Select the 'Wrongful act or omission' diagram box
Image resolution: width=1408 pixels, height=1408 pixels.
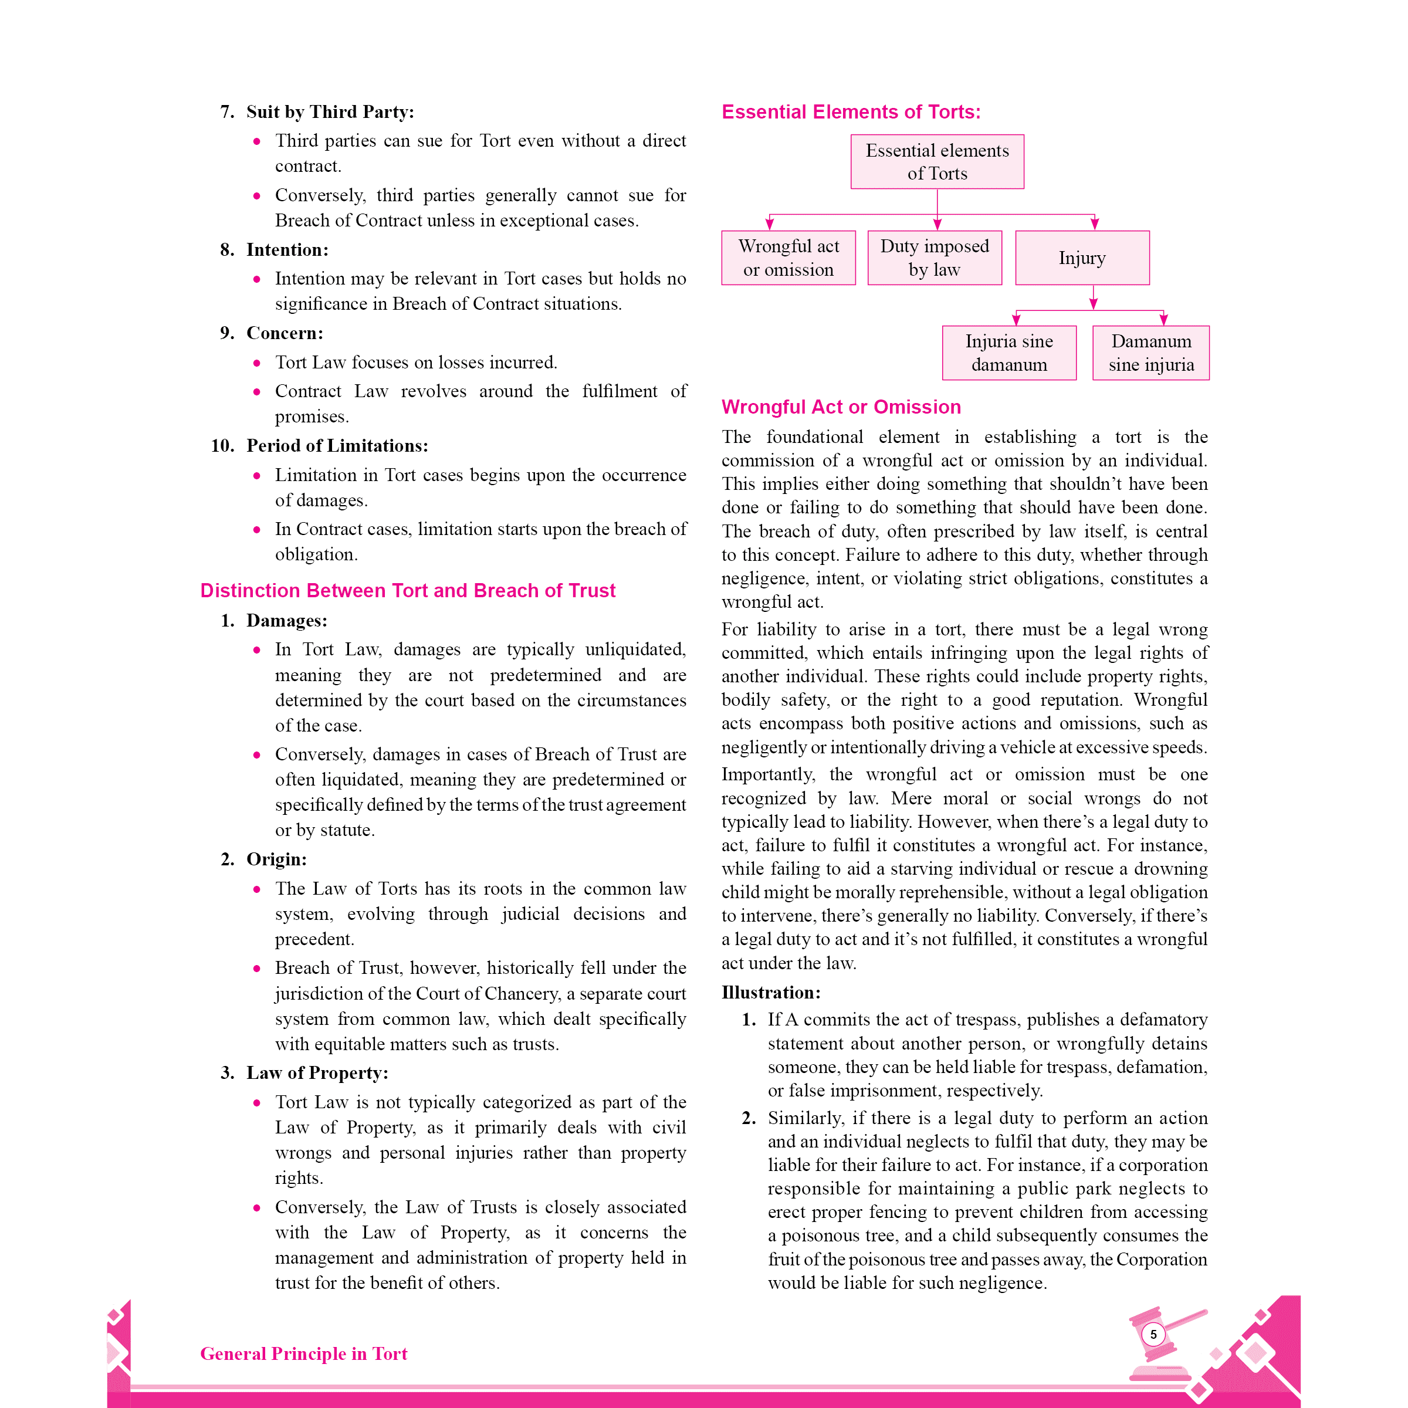[x=788, y=258]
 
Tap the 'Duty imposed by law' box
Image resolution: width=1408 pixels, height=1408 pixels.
[x=935, y=258]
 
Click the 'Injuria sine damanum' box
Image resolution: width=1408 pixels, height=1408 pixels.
[x=1008, y=353]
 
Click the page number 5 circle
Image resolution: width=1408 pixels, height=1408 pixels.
[x=1153, y=1335]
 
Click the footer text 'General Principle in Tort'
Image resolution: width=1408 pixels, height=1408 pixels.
[x=303, y=1353]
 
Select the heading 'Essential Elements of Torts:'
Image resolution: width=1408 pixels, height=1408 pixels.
[x=851, y=112]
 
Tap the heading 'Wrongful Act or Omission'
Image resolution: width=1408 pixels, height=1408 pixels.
[x=841, y=407]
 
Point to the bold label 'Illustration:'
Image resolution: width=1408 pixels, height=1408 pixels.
[x=771, y=993]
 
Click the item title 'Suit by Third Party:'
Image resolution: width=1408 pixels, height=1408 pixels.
[x=330, y=111]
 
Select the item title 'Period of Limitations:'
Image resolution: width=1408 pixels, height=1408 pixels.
[x=337, y=445]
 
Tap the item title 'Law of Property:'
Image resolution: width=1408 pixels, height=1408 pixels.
[x=317, y=1073]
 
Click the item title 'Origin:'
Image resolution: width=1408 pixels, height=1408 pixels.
[x=276, y=859]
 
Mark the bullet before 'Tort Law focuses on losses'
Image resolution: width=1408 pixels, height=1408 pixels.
[x=256, y=363]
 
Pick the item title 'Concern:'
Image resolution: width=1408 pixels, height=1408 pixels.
[x=284, y=333]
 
